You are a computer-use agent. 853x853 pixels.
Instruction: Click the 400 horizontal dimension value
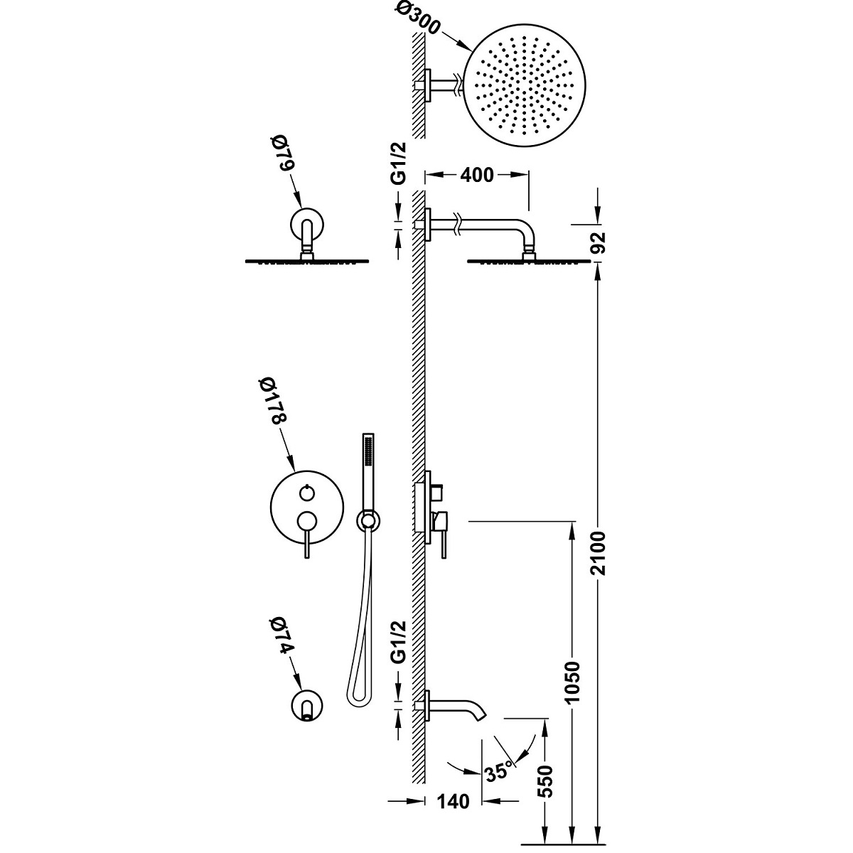[x=477, y=176]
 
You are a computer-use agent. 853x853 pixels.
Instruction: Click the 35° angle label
[x=498, y=771]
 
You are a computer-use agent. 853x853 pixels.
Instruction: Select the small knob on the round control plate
[x=306, y=490]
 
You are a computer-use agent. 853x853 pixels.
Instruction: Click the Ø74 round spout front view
[x=307, y=704]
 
